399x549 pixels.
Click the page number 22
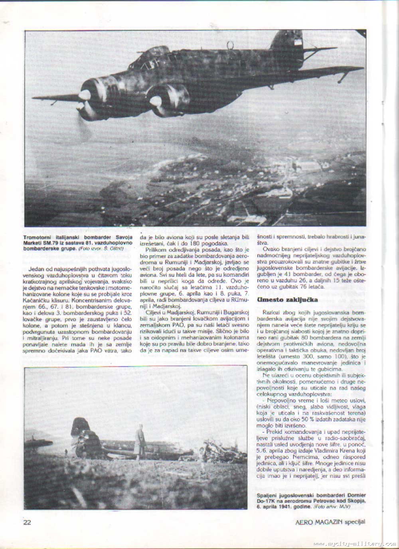[x=27, y=522]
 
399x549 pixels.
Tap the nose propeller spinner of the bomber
[x=85, y=95]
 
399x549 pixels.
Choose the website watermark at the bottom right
[x=355, y=544]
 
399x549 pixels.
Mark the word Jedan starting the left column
[x=36, y=269]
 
